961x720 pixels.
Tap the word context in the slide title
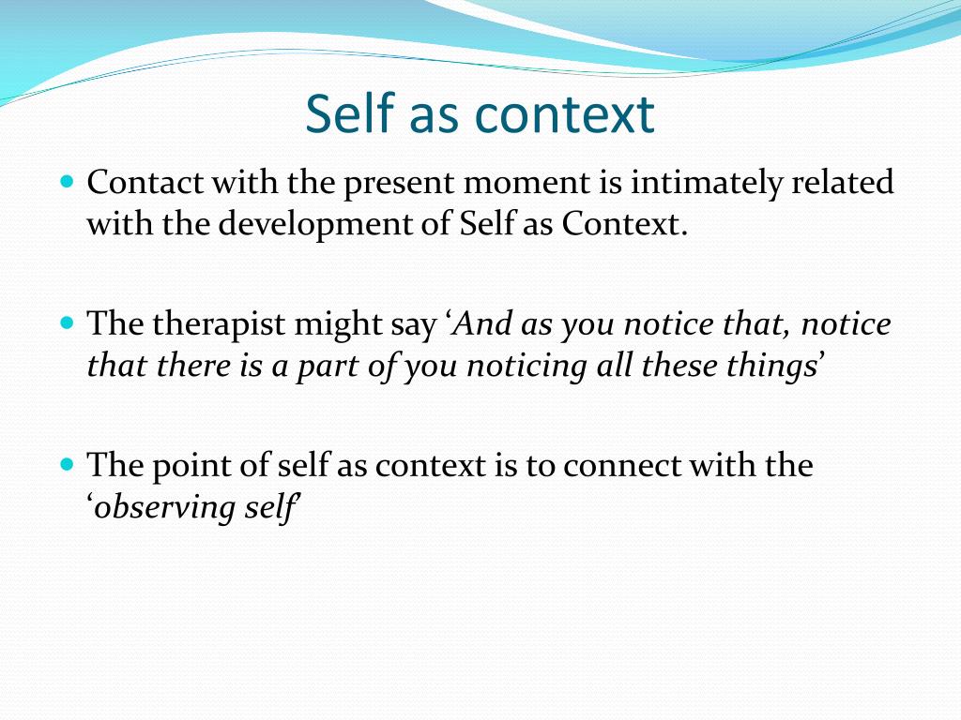coord(564,114)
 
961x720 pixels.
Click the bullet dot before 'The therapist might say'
coord(67,322)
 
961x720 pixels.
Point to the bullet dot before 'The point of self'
coord(67,463)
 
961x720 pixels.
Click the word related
coord(843,183)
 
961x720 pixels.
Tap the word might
coord(328,325)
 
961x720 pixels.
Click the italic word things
coord(760,367)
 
